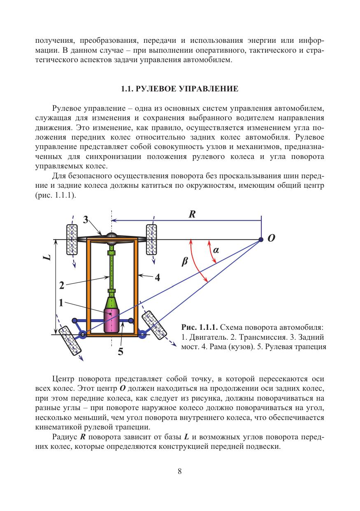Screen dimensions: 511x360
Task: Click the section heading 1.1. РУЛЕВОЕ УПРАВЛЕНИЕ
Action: coord(180,89)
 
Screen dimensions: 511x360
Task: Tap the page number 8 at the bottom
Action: coord(180,472)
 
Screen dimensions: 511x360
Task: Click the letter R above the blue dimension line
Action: coord(192,214)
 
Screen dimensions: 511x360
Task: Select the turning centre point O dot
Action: coord(261,239)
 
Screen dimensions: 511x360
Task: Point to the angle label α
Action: coord(215,250)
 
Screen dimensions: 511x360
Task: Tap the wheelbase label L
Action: coord(47,257)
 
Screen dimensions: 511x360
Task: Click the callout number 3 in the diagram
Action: coord(86,220)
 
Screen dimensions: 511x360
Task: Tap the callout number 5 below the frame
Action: coord(121,352)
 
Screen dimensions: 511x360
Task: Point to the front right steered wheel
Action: coord(154,323)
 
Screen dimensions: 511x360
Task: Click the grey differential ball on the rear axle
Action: coord(111,236)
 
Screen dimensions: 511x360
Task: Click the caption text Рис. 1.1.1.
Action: coord(199,328)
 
